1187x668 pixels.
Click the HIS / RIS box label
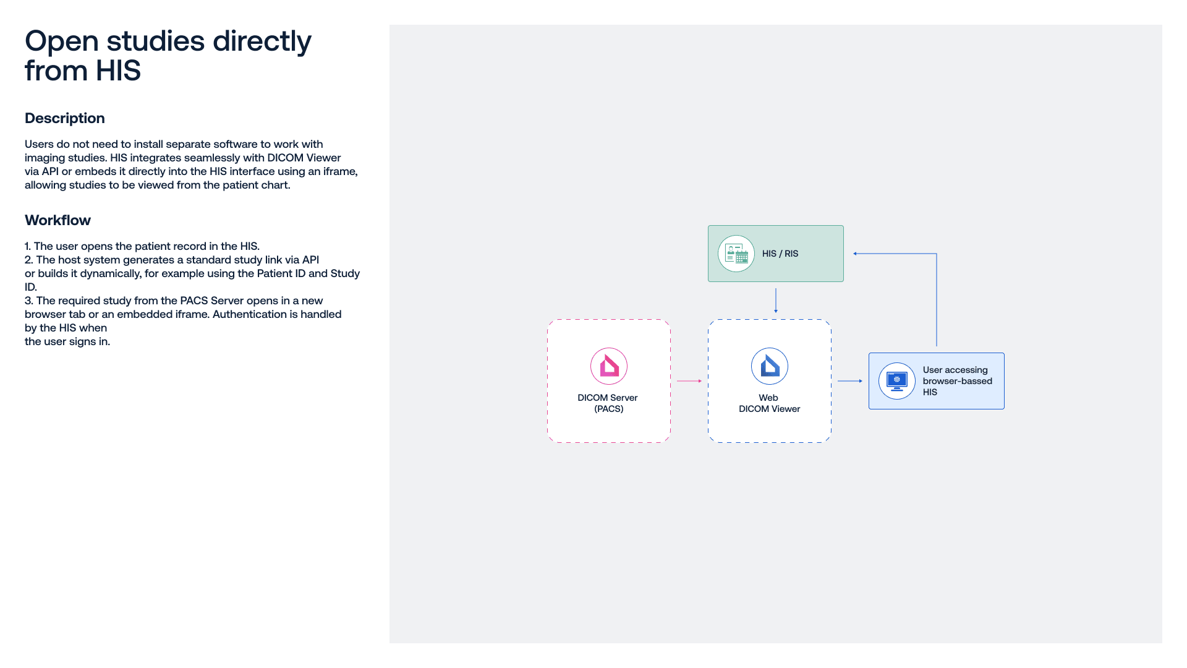point(780,254)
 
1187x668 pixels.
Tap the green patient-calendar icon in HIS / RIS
point(736,254)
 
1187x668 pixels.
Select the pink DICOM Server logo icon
point(609,366)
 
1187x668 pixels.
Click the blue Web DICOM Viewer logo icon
point(770,366)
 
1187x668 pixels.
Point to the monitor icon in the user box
point(897,381)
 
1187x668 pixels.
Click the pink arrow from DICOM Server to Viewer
point(689,381)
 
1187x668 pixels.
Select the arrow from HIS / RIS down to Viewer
point(776,301)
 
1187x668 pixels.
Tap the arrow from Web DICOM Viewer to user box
point(850,381)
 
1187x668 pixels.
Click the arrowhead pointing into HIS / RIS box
point(855,254)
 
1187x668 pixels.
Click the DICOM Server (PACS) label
point(608,403)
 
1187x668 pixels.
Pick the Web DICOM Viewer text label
point(770,403)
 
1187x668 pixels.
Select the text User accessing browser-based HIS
point(958,381)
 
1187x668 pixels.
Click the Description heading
point(65,118)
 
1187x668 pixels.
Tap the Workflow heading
point(57,220)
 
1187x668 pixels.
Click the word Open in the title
point(62,42)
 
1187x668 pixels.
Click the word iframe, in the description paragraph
point(340,171)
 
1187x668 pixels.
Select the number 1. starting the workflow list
point(28,246)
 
